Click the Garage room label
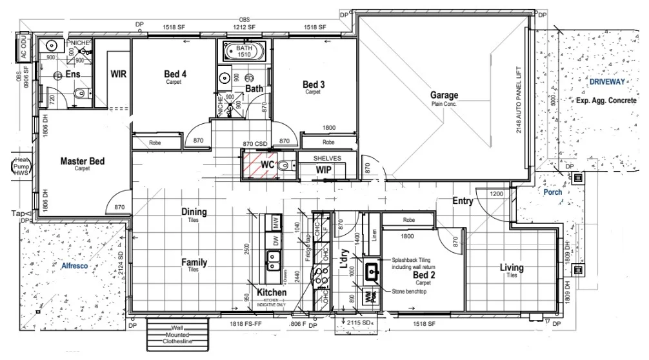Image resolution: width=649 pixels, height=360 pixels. coord(444,95)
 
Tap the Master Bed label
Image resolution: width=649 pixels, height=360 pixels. coord(83,161)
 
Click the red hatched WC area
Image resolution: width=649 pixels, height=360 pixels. coord(260,165)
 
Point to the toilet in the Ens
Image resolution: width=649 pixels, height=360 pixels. coord(79,95)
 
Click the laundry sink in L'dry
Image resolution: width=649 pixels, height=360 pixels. coord(373,272)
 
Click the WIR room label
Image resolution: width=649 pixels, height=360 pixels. coord(118,74)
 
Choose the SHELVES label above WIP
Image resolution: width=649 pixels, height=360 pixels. coord(327,158)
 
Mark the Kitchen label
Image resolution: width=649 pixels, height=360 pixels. coord(271,292)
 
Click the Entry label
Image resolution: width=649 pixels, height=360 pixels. coord(463,201)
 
